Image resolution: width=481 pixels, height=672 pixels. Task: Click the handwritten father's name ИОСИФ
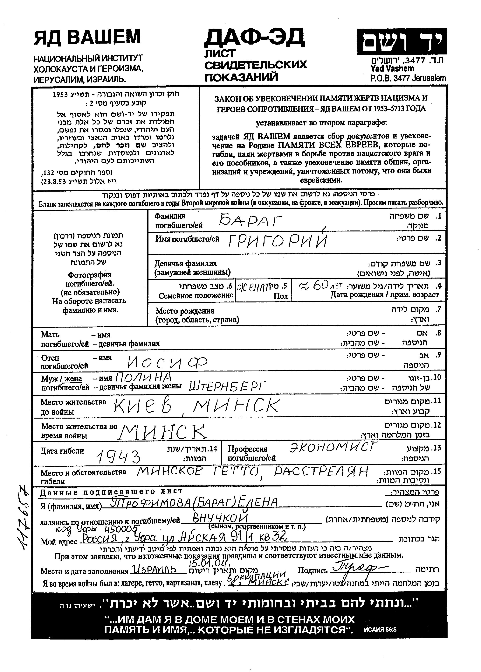167,362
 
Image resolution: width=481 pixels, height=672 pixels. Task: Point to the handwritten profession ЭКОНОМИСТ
334,447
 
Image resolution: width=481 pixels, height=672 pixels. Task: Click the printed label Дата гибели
62,451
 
